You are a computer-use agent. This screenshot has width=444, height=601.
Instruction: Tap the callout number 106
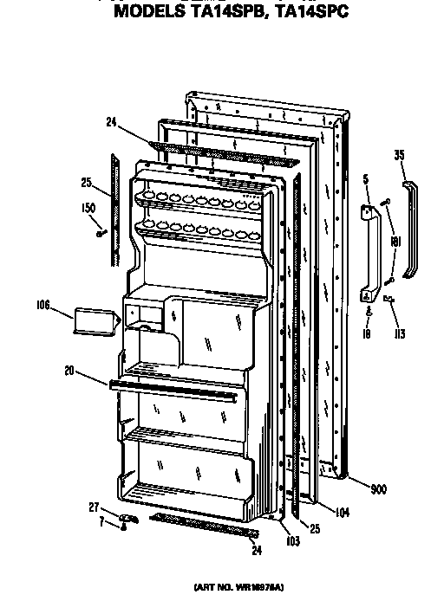[43, 305]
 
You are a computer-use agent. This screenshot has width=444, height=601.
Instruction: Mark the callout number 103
[292, 540]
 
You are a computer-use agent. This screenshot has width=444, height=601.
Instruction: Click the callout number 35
[399, 157]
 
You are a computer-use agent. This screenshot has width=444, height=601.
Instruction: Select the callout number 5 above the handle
[367, 179]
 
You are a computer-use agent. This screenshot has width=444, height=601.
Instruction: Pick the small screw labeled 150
[101, 232]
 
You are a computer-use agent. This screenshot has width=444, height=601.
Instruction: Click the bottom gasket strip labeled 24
[204, 525]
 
